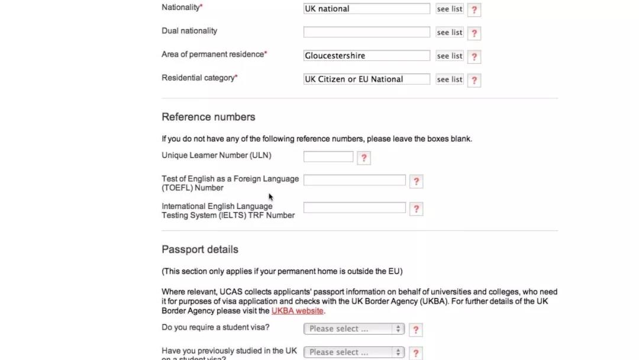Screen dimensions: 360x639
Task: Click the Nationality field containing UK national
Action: [366, 9]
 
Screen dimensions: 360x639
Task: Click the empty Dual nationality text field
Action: [366, 32]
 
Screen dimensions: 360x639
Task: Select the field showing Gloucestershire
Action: [366, 56]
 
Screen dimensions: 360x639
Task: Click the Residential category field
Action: [366, 79]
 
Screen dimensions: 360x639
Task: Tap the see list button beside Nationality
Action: [450, 9]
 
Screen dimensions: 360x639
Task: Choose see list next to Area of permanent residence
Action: [450, 56]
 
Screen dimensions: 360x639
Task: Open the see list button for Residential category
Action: [450, 79]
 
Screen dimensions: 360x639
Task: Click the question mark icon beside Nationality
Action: [474, 9]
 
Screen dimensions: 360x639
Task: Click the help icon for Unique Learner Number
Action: [364, 158]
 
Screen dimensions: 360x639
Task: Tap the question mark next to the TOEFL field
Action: [416, 181]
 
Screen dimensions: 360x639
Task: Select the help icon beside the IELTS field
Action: [416, 209]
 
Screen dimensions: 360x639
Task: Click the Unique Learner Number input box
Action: [328, 157]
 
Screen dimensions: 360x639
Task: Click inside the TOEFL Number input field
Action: [354, 180]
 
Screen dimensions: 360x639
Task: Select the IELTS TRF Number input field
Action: [354, 208]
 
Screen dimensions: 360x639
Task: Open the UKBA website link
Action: [297, 311]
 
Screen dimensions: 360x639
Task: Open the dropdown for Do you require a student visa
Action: [354, 329]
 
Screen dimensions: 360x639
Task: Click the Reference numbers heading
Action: [208, 117]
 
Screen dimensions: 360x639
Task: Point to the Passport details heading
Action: [200, 249]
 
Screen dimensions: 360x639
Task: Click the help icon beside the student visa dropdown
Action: [416, 330]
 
